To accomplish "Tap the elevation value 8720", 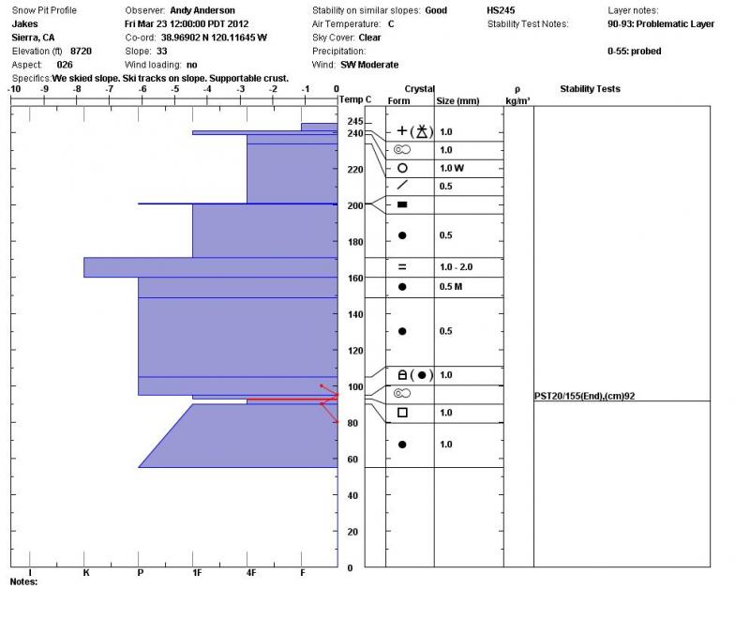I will click(x=81, y=51).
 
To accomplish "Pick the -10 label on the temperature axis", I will click(x=14, y=89).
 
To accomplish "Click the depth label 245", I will click(x=354, y=122).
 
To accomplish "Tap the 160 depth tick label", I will click(x=354, y=279).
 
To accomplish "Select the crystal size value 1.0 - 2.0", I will click(x=457, y=267).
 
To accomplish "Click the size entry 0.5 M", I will click(x=453, y=287).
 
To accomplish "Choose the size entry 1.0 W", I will click(x=452, y=169).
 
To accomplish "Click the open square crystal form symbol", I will click(x=402, y=413).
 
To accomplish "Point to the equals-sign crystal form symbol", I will click(x=402, y=267).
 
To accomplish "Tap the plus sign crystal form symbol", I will click(x=402, y=131).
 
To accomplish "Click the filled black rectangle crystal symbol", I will click(x=402, y=204).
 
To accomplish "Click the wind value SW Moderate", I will click(x=368, y=65).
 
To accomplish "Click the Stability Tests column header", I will click(x=590, y=89).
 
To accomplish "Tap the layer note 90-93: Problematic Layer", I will click(x=660, y=24).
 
